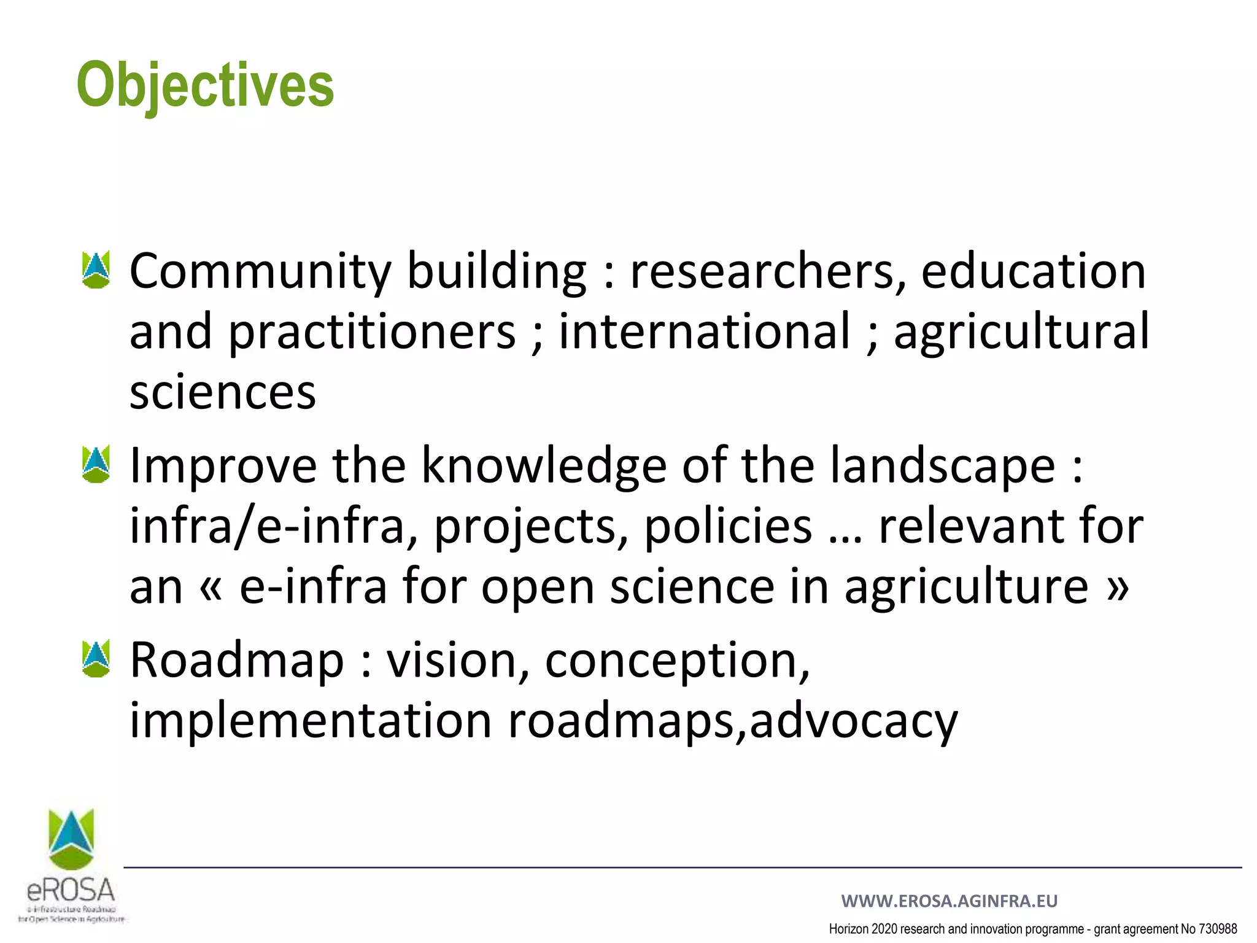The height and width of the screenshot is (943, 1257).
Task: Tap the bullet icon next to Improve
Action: coord(96,464)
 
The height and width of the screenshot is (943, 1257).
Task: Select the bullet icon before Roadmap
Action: coord(96,659)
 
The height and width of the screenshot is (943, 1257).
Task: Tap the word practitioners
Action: coord(372,332)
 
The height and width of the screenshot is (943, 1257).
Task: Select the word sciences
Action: coord(223,392)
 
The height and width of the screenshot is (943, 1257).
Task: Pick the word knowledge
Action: coord(544,465)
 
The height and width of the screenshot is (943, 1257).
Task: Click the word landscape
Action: coord(943,465)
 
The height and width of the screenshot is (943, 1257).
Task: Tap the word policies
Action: coord(728,526)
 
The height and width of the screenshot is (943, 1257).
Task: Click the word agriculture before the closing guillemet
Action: coord(966,587)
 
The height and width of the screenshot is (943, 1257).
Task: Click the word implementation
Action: coord(311,720)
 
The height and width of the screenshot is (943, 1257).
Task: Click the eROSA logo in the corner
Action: coord(72,866)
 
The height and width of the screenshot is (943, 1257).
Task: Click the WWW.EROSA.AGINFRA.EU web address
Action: coord(949,901)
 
